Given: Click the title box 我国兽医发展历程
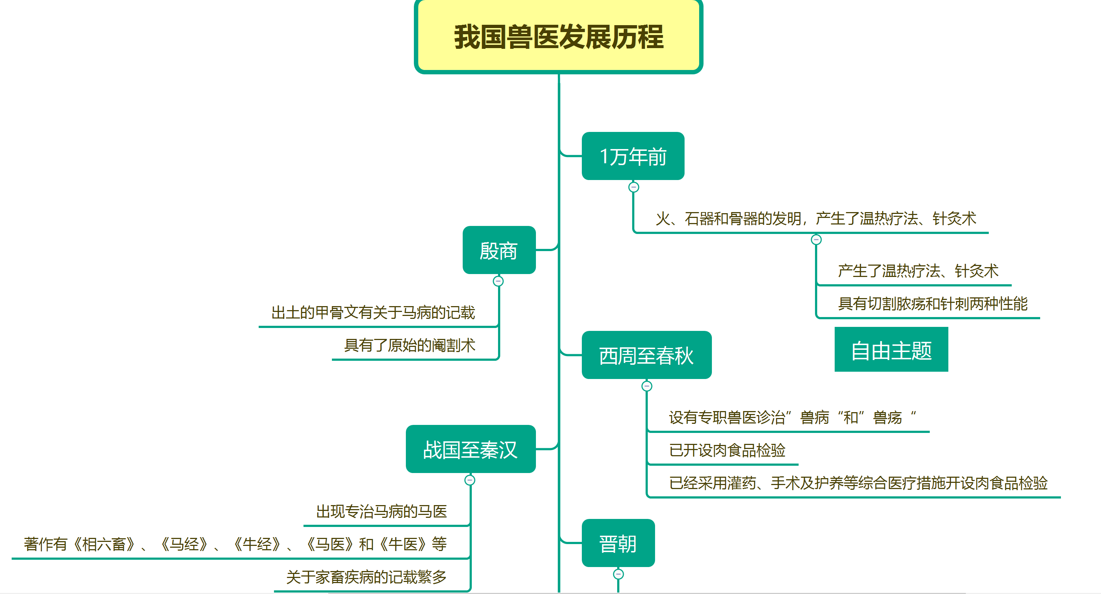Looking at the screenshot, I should pyautogui.click(x=558, y=37).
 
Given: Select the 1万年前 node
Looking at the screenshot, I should pyautogui.click(x=632, y=156).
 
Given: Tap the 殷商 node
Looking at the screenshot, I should pyautogui.click(x=499, y=250).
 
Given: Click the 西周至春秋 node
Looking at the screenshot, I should pyautogui.click(x=646, y=355).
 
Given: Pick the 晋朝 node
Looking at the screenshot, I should pyautogui.click(x=618, y=543).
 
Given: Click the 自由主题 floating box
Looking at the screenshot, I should pyautogui.click(x=891, y=349).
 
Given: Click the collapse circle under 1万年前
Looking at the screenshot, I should pyautogui.click(x=634, y=187).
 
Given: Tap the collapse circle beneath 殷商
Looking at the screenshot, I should pyautogui.click(x=498, y=281).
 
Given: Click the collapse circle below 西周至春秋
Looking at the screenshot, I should pyautogui.click(x=647, y=386).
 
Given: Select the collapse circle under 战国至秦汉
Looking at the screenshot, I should pyautogui.click(x=470, y=480).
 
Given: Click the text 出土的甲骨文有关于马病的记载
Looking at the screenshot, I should pyautogui.click(x=373, y=313).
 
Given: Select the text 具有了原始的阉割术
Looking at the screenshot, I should pyautogui.click(x=410, y=345).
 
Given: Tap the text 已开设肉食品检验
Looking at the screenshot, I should pyautogui.click(x=727, y=450).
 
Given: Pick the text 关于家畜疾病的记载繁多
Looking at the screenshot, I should pyautogui.click(x=366, y=577).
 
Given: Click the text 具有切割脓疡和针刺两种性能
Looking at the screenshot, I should pyautogui.click(x=933, y=304).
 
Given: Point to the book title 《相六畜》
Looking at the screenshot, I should pyautogui.click(x=105, y=544).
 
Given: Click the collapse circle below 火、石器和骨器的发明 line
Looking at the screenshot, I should pyautogui.click(x=816, y=239).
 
